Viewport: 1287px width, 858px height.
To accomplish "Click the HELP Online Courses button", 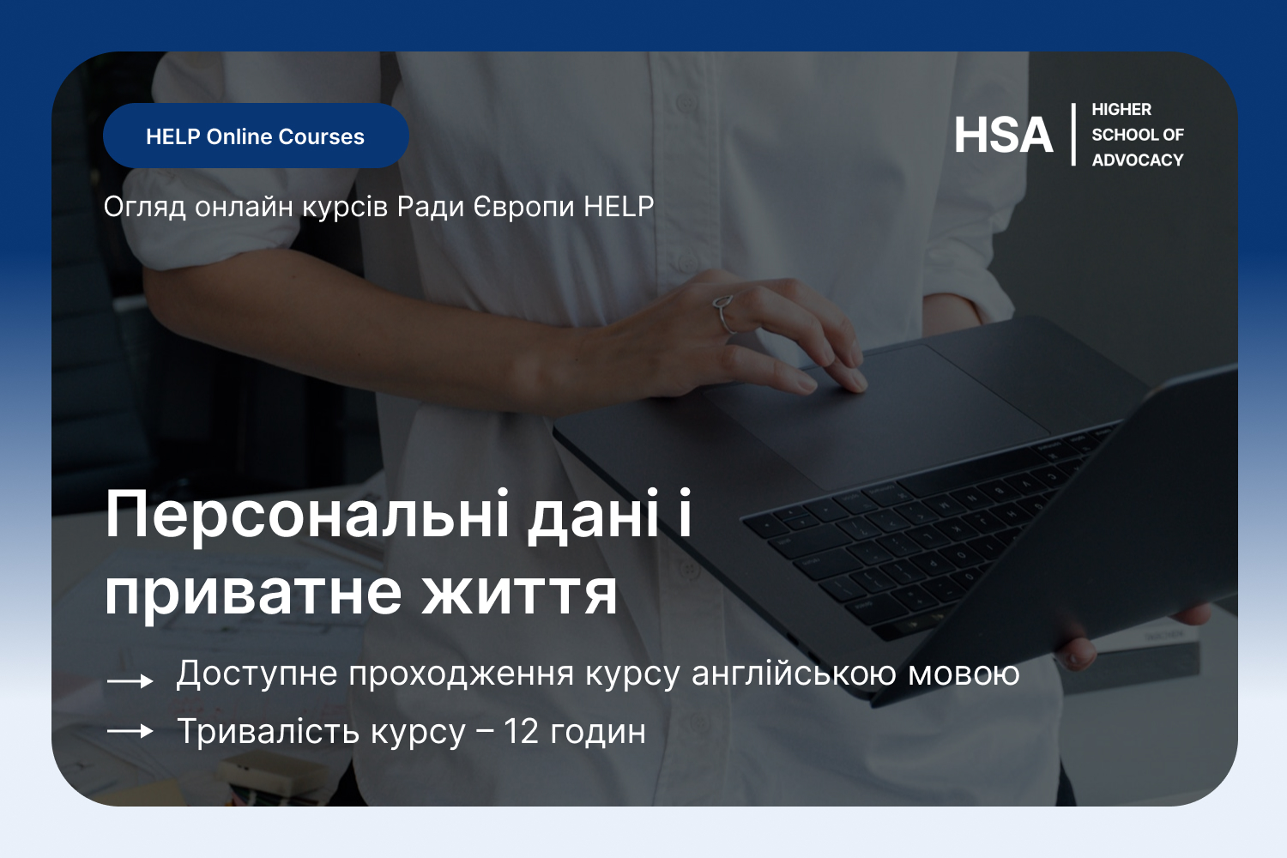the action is (256, 136).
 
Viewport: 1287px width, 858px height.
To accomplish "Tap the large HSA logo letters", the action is (1003, 135).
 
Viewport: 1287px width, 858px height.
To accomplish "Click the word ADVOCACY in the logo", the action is (1138, 160).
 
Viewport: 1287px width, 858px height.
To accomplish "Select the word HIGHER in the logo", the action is (1121, 109).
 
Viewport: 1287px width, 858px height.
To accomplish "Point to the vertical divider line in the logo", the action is (1073, 135).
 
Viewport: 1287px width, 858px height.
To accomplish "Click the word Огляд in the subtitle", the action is (144, 207).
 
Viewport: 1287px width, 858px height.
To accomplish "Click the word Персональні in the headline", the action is (307, 514).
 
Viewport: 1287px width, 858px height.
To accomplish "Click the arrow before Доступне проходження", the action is (130, 681).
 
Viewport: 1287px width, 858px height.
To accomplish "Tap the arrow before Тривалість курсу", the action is (130, 731).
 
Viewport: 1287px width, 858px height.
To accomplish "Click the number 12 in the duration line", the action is (521, 731).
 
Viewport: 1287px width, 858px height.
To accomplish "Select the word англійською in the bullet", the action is (794, 673).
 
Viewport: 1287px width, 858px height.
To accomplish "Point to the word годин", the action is (597, 732).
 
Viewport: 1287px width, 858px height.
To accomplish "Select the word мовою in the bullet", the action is (964, 674).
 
